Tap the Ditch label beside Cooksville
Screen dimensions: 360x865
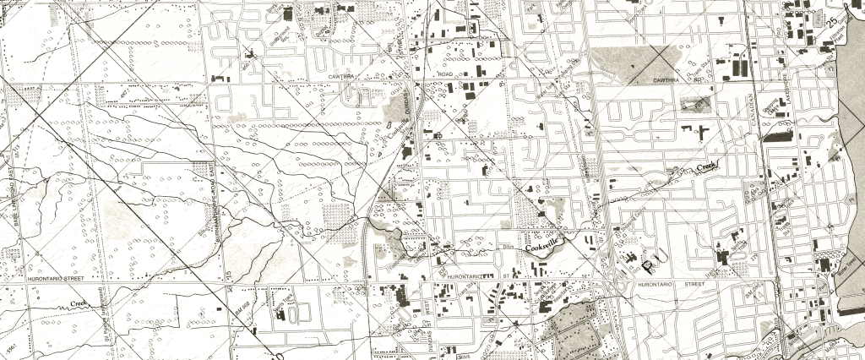pyautogui.click(x=509, y=246)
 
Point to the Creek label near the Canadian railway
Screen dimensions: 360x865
pyautogui.click(x=706, y=168)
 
